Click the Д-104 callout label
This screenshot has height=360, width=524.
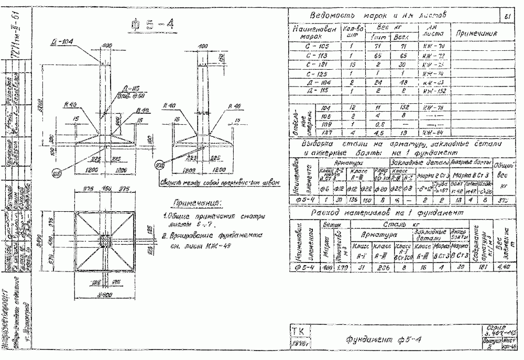coord(62,41)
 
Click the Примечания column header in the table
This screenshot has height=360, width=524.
coord(476,34)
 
